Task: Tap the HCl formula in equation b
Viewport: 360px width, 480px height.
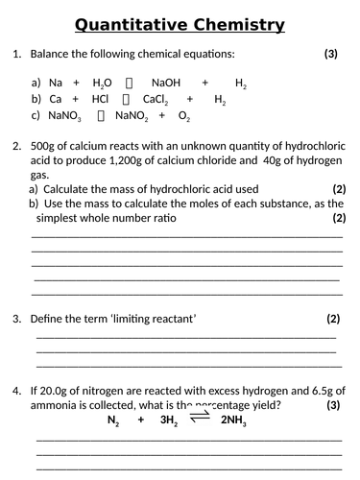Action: [x=100, y=99]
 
